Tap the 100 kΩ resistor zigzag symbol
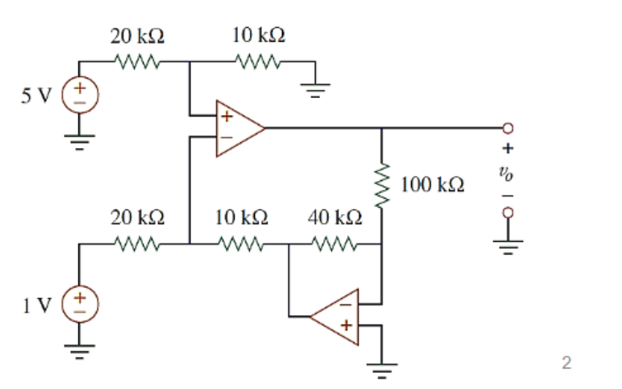tap(382, 185)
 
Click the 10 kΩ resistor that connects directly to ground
tap(258, 62)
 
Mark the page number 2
tap(565, 362)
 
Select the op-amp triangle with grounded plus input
tap(338, 316)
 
